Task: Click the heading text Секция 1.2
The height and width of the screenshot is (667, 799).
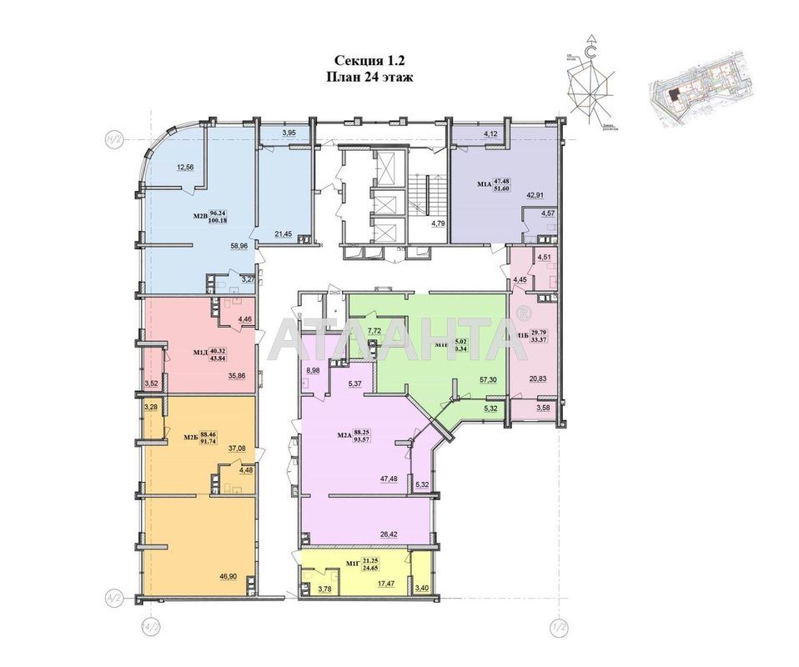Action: (369, 59)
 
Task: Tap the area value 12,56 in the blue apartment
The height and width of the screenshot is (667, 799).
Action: (185, 167)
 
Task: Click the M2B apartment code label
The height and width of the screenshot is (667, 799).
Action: (200, 218)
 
